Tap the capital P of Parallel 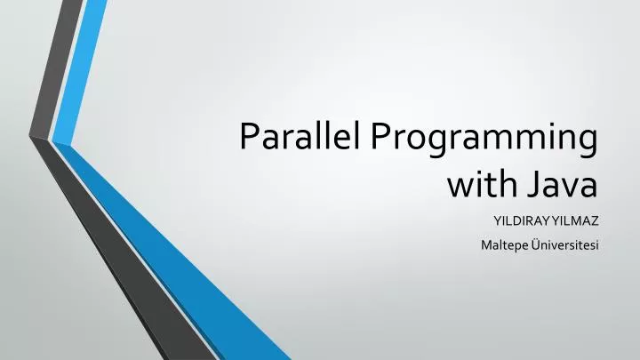point(251,139)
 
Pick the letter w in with point(457,187)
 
